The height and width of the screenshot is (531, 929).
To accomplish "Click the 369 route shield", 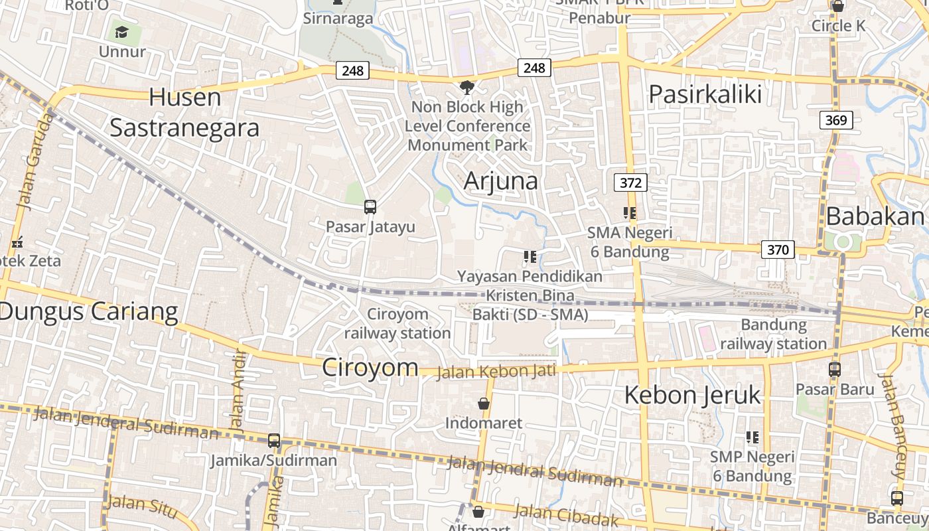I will click(836, 120).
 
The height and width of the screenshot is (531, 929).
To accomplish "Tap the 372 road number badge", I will click(630, 183).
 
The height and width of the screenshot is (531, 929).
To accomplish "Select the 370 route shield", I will click(777, 250).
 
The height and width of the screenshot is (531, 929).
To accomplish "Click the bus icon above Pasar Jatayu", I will click(370, 206).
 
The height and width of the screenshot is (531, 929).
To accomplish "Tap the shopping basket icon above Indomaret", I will click(484, 404).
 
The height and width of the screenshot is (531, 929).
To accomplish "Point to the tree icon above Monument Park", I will click(467, 87).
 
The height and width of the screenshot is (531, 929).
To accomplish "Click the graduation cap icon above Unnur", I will click(121, 32).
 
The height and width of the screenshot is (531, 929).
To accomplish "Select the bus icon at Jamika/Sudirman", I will click(273, 440).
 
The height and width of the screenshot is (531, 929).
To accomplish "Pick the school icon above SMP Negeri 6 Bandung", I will click(752, 437).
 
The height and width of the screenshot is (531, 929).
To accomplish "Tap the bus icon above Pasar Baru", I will click(835, 370).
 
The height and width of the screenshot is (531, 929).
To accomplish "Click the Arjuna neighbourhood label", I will click(501, 181).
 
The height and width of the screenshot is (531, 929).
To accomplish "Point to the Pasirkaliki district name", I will click(705, 94).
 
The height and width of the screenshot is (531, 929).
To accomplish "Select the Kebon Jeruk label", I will click(692, 395).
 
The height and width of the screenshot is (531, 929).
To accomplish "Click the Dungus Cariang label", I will click(89, 311).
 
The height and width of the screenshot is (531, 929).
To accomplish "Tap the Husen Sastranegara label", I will click(184, 112).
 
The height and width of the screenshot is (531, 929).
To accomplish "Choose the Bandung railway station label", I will click(773, 334).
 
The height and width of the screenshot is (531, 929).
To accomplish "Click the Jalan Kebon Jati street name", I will click(496, 371).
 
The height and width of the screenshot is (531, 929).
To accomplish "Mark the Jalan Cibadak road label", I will click(566, 514).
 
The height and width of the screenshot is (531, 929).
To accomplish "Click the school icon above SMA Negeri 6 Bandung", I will click(629, 213).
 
